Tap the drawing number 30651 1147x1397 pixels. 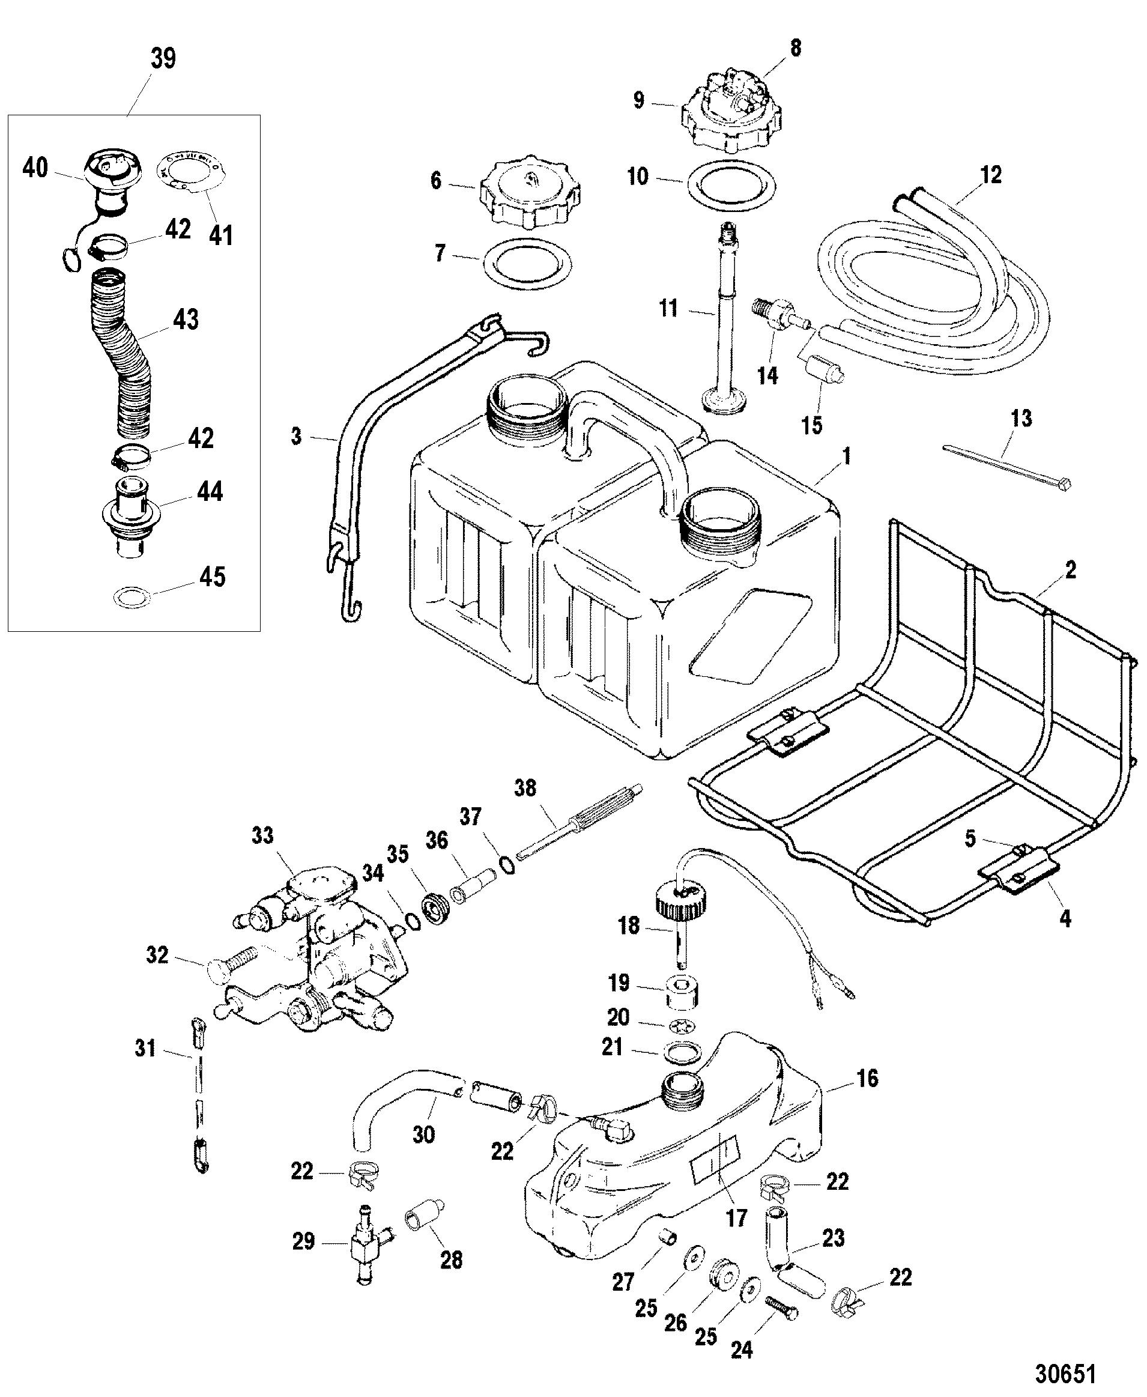point(1065,1373)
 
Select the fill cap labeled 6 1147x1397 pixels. point(528,191)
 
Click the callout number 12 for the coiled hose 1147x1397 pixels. point(991,175)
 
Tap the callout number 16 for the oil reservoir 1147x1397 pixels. point(868,1079)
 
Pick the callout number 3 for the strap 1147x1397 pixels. point(296,436)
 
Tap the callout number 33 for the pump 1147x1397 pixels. point(262,835)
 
